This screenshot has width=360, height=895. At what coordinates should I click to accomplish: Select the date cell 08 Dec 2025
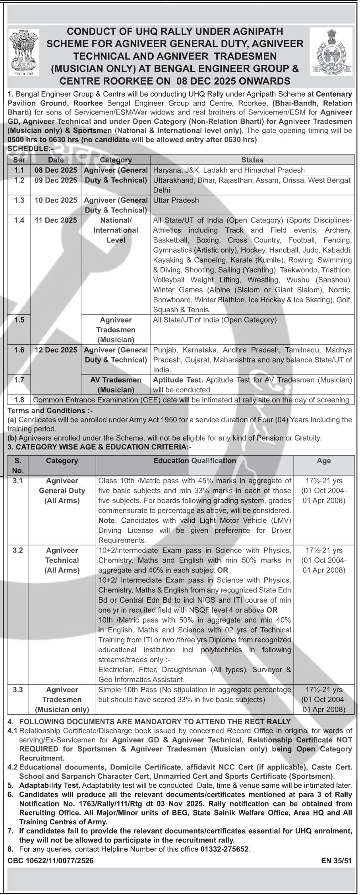tap(56, 170)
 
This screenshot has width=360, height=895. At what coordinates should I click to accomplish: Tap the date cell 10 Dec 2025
tap(56, 200)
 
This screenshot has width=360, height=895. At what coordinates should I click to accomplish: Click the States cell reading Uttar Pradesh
tap(176, 200)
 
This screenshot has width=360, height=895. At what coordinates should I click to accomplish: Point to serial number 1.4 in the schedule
tap(19, 220)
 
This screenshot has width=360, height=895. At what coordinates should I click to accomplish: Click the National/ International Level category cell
tap(116, 230)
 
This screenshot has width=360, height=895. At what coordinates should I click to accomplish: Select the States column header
tap(252, 160)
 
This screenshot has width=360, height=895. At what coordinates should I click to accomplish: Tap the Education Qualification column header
tap(195, 461)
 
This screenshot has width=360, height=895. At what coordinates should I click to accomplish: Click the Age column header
tap(324, 461)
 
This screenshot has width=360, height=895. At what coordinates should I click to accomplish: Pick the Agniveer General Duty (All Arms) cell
tap(62, 491)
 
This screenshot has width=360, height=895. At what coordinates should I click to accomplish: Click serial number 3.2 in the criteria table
tap(18, 550)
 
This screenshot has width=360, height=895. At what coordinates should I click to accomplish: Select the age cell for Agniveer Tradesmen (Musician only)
tap(324, 700)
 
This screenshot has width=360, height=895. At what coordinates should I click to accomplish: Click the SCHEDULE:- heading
tap(27, 151)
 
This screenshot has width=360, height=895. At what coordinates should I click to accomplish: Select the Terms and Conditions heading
tap(47, 410)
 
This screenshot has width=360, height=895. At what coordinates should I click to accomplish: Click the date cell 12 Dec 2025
tap(56, 350)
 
